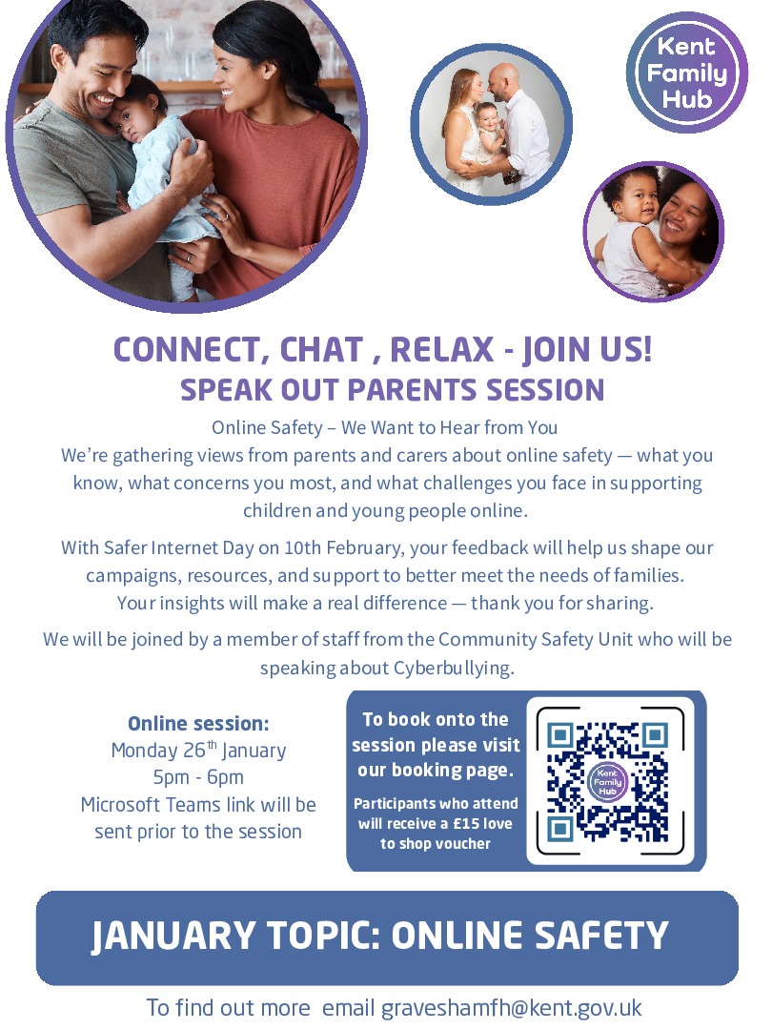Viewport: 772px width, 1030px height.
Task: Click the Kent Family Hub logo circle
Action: pyautogui.click(x=686, y=73)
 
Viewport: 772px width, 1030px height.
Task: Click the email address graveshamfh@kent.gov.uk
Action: pyautogui.click(x=512, y=1007)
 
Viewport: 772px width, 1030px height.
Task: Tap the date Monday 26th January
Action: pyautogui.click(x=198, y=750)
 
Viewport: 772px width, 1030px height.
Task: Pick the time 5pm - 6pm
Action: pyautogui.click(x=198, y=776)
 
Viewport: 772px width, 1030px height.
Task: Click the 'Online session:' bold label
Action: pyautogui.click(x=198, y=723)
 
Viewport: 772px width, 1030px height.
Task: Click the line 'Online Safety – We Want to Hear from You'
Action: pyautogui.click(x=385, y=427)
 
